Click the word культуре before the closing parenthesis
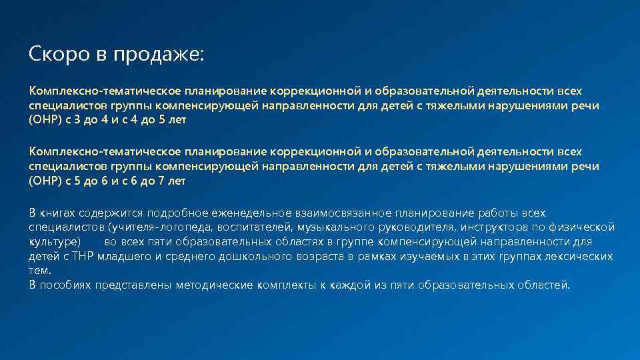pos(53,241)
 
